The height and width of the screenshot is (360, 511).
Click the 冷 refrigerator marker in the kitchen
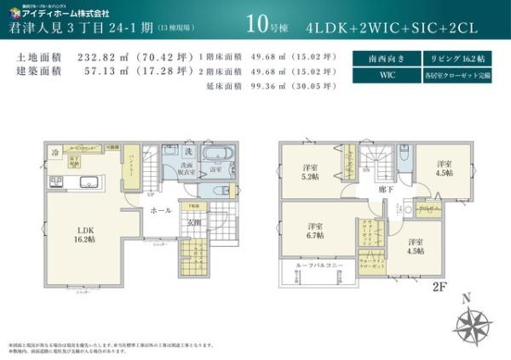pyautogui.click(x=55, y=153)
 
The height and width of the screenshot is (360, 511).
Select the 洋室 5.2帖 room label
pyautogui.click(x=309, y=173)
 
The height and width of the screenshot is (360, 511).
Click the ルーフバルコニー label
pyautogui.click(x=319, y=266)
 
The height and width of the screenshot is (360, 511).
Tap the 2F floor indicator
pyautogui.click(x=439, y=287)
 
